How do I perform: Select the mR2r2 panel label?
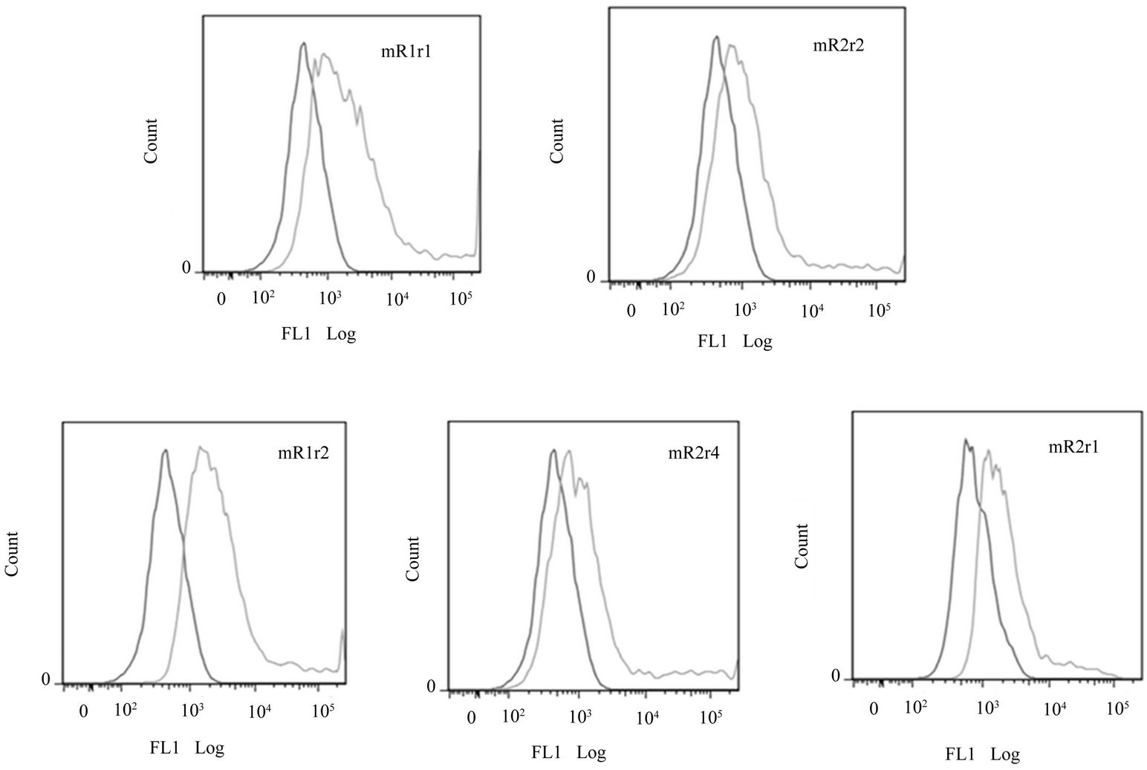[x=839, y=46]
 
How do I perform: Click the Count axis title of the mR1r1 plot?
[x=152, y=141]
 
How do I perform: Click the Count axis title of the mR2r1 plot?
[x=802, y=546]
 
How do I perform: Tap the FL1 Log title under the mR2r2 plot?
[x=735, y=341]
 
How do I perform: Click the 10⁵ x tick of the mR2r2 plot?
[x=879, y=308]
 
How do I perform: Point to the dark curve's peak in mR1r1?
[x=303, y=45]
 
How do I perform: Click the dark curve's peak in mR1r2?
[x=165, y=450]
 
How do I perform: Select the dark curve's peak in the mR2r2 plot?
[x=715, y=37]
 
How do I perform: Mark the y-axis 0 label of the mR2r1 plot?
[x=836, y=677]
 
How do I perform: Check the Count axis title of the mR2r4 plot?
[x=413, y=558]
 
